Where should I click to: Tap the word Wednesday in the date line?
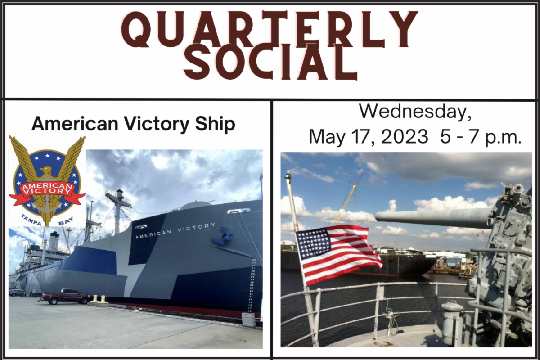tap(415, 112)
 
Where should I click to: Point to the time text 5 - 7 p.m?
tap(481, 136)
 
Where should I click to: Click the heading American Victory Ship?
tap(133, 124)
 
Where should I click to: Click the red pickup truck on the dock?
tap(66, 296)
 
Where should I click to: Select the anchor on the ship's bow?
tap(223, 236)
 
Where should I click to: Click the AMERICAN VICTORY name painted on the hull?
tap(175, 230)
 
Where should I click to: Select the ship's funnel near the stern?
tap(54, 241)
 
